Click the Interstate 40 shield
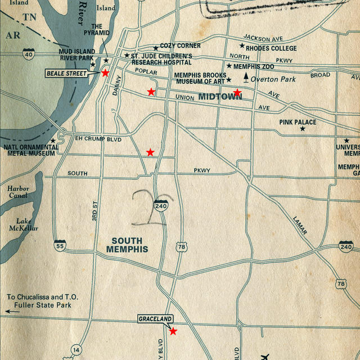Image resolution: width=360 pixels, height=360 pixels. (x=29, y=54)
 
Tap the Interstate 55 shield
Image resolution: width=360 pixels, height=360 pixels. (x=60, y=245)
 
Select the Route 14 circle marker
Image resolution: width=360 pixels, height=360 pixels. (x=76, y=350)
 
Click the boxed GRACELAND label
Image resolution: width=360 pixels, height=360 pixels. (x=155, y=319)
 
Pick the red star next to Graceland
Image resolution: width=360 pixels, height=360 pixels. (x=173, y=331)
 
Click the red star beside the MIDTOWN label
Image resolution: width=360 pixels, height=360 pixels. (x=237, y=92)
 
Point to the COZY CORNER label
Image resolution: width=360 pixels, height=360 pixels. (x=180, y=46)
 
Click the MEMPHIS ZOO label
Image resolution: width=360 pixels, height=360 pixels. (x=254, y=66)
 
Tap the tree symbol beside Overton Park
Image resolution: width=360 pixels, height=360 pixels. (x=245, y=79)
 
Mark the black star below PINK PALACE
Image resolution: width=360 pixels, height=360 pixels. (x=302, y=129)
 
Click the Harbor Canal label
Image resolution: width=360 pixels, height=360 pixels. (x=18, y=192)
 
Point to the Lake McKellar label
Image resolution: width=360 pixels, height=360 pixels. (x=24, y=224)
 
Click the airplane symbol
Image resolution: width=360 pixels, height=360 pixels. (x=265, y=357)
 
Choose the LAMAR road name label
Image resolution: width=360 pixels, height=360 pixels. (x=300, y=226)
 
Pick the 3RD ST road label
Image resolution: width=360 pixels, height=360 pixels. (x=95, y=211)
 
